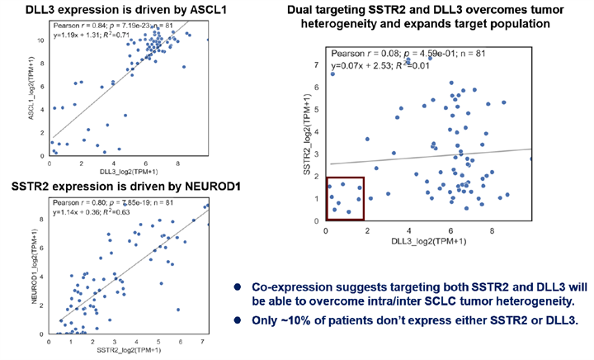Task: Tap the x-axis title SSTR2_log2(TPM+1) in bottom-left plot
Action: tap(127, 351)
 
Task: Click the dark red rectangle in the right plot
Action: tap(345, 198)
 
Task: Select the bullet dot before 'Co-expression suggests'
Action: tap(235, 287)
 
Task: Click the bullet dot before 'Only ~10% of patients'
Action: tap(235, 317)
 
